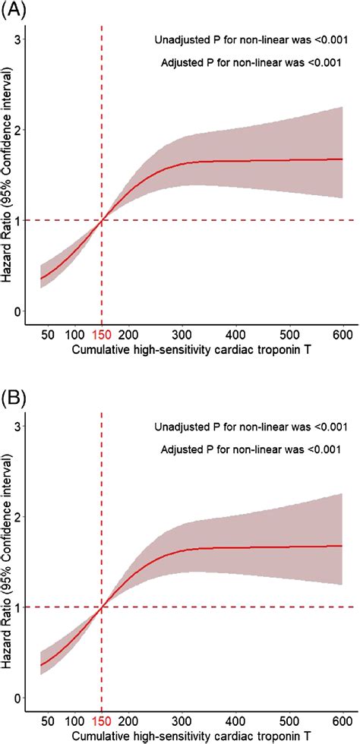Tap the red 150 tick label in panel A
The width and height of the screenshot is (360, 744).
pos(102,335)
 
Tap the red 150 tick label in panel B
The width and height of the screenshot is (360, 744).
pos(102,721)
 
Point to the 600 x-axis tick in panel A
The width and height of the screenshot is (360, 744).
pos(343,335)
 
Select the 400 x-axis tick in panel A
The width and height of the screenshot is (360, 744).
pos(235,335)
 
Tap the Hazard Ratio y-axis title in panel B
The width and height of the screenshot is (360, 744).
pos(6,561)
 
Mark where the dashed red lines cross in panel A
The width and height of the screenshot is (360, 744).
pos(102,220)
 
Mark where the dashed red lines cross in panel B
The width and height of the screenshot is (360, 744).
pos(102,607)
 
